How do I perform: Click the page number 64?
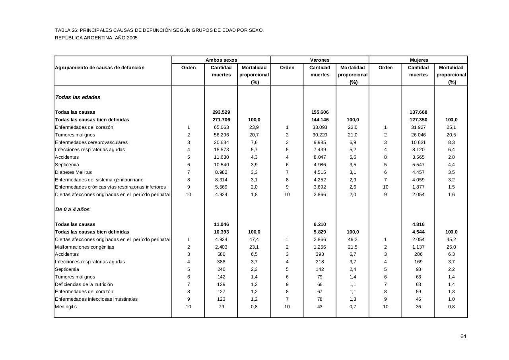463,337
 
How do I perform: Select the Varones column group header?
320,60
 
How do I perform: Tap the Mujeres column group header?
419,60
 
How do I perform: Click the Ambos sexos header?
221,60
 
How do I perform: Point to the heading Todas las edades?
78,97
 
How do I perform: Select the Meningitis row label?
66,307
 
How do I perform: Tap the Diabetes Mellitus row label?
74,172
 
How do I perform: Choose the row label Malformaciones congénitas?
84,247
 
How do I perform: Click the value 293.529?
221,112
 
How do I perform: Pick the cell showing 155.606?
320,112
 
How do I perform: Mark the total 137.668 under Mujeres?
418,112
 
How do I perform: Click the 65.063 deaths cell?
221,127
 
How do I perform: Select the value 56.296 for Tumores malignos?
221,135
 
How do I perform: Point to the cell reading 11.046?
221,224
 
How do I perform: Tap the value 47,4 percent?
254,239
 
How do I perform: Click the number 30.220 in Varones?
320,135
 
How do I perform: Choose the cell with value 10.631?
418,142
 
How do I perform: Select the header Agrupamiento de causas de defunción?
100,68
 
